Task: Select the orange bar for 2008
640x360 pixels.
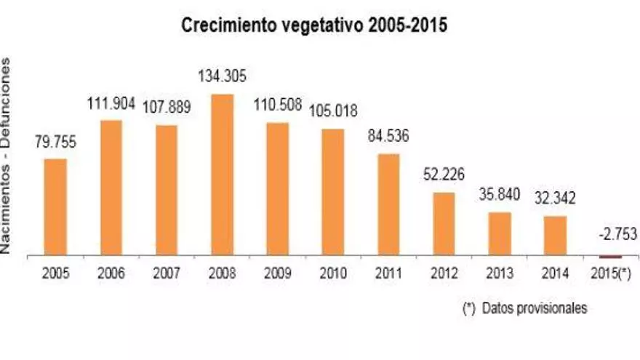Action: [222, 175]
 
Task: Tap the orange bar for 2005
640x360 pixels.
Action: [55, 207]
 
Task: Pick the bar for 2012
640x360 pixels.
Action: [444, 224]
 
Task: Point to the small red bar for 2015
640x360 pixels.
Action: [609, 257]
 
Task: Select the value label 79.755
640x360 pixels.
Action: [55, 141]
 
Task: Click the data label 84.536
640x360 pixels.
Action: [388, 136]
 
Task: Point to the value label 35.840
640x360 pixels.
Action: [499, 195]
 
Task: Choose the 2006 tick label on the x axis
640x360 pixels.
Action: [111, 273]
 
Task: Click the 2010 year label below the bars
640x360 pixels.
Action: [332, 273]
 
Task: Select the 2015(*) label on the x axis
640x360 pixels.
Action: [609, 273]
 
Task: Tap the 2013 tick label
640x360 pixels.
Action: [499, 273]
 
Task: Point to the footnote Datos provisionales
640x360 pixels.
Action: [524, 308]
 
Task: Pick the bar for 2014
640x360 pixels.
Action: [555, 236]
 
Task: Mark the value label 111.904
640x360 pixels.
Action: [111, 103]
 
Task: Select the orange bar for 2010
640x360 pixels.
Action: [332, 192]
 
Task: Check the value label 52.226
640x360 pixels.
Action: [444, 176]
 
